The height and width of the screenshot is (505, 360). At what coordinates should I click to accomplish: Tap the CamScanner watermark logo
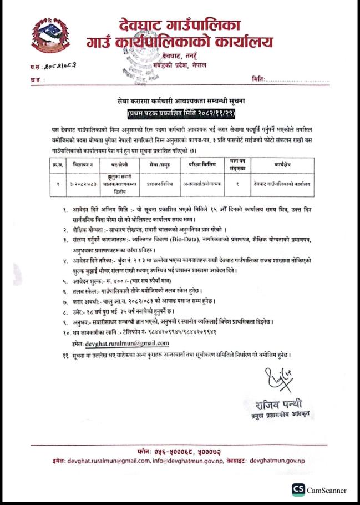(298, 489)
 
